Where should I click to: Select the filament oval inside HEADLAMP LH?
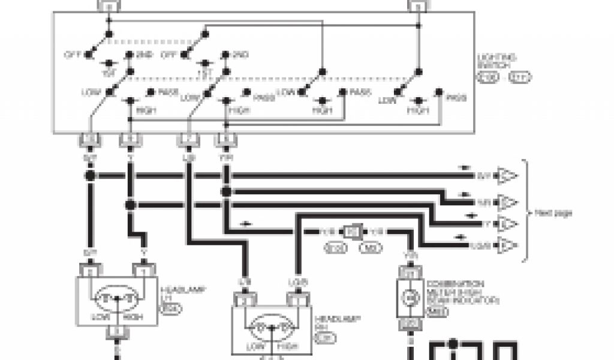pos(118,296)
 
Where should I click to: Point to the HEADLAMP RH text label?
pos(327,327)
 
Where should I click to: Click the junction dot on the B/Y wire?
pos(90,176)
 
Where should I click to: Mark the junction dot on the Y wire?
pos(130,205)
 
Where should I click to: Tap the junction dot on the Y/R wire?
pos(226,191)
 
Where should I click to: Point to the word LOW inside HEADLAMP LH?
pos(99,316)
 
